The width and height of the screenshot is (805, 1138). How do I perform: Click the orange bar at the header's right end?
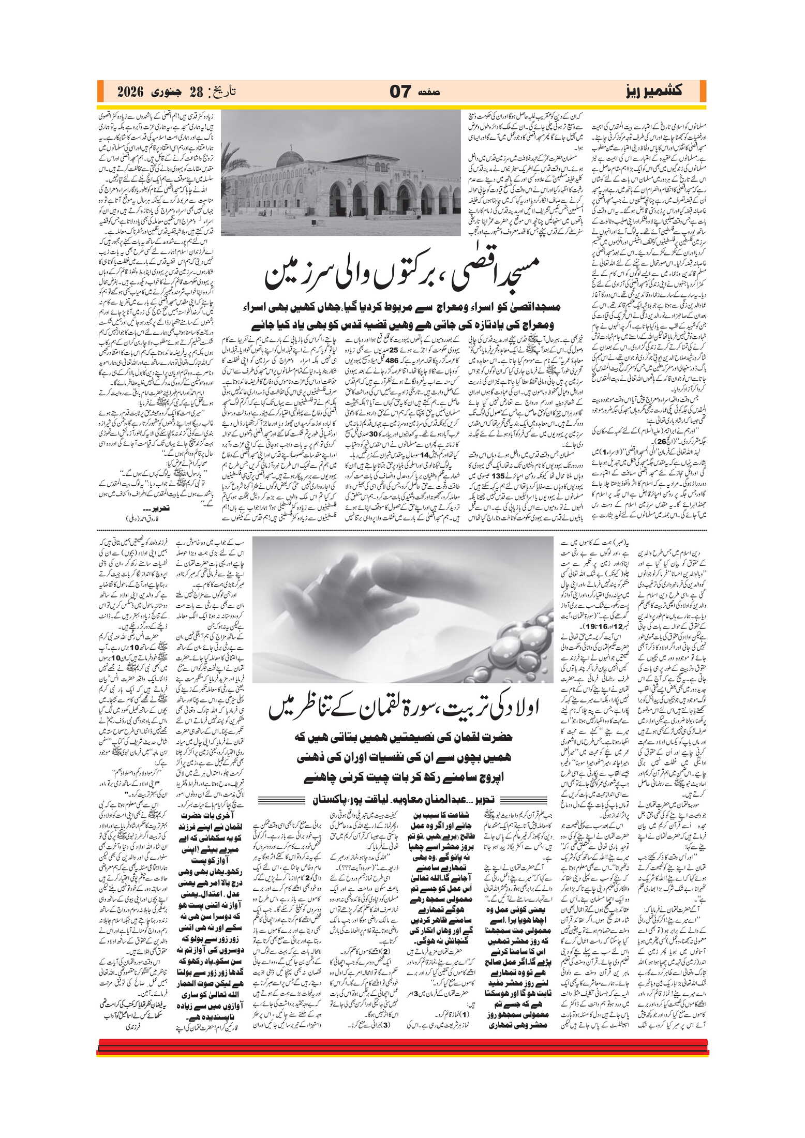703,92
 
